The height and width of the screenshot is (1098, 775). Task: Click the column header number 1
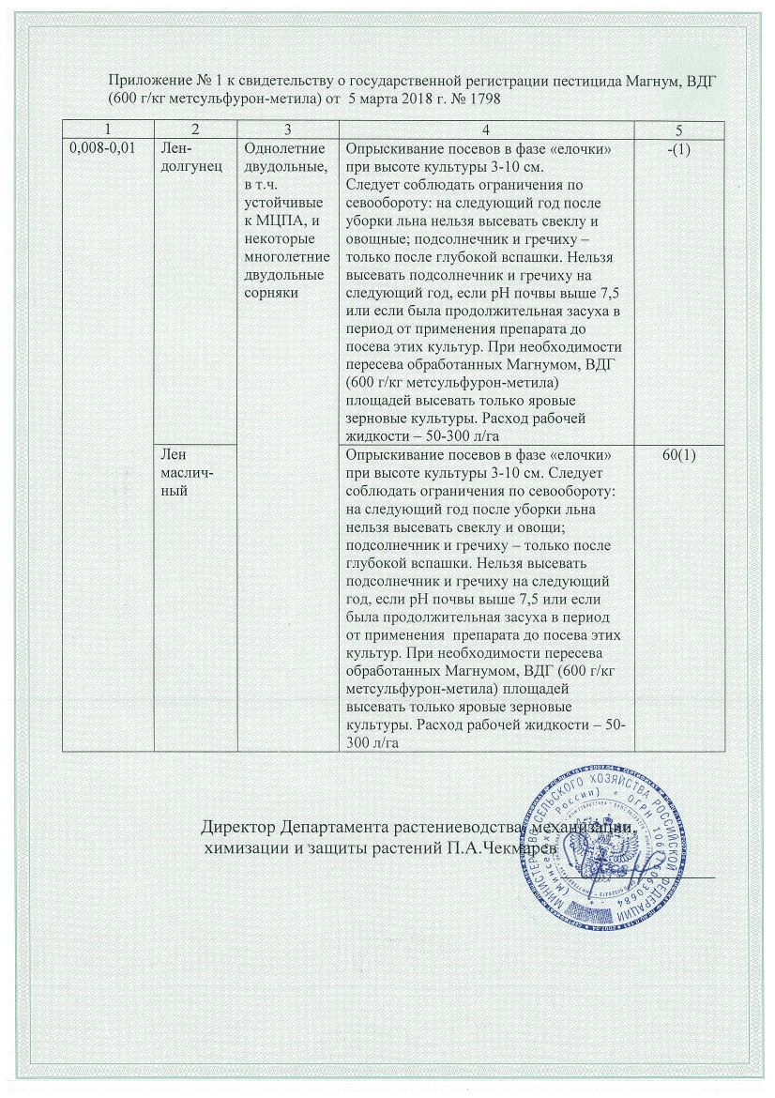tap(108, 130)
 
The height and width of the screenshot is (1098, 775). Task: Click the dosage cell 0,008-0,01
tap(102, 148)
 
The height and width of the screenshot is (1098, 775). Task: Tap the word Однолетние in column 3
tap(284, 149)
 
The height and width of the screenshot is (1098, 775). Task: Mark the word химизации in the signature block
tap(249, 848)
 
